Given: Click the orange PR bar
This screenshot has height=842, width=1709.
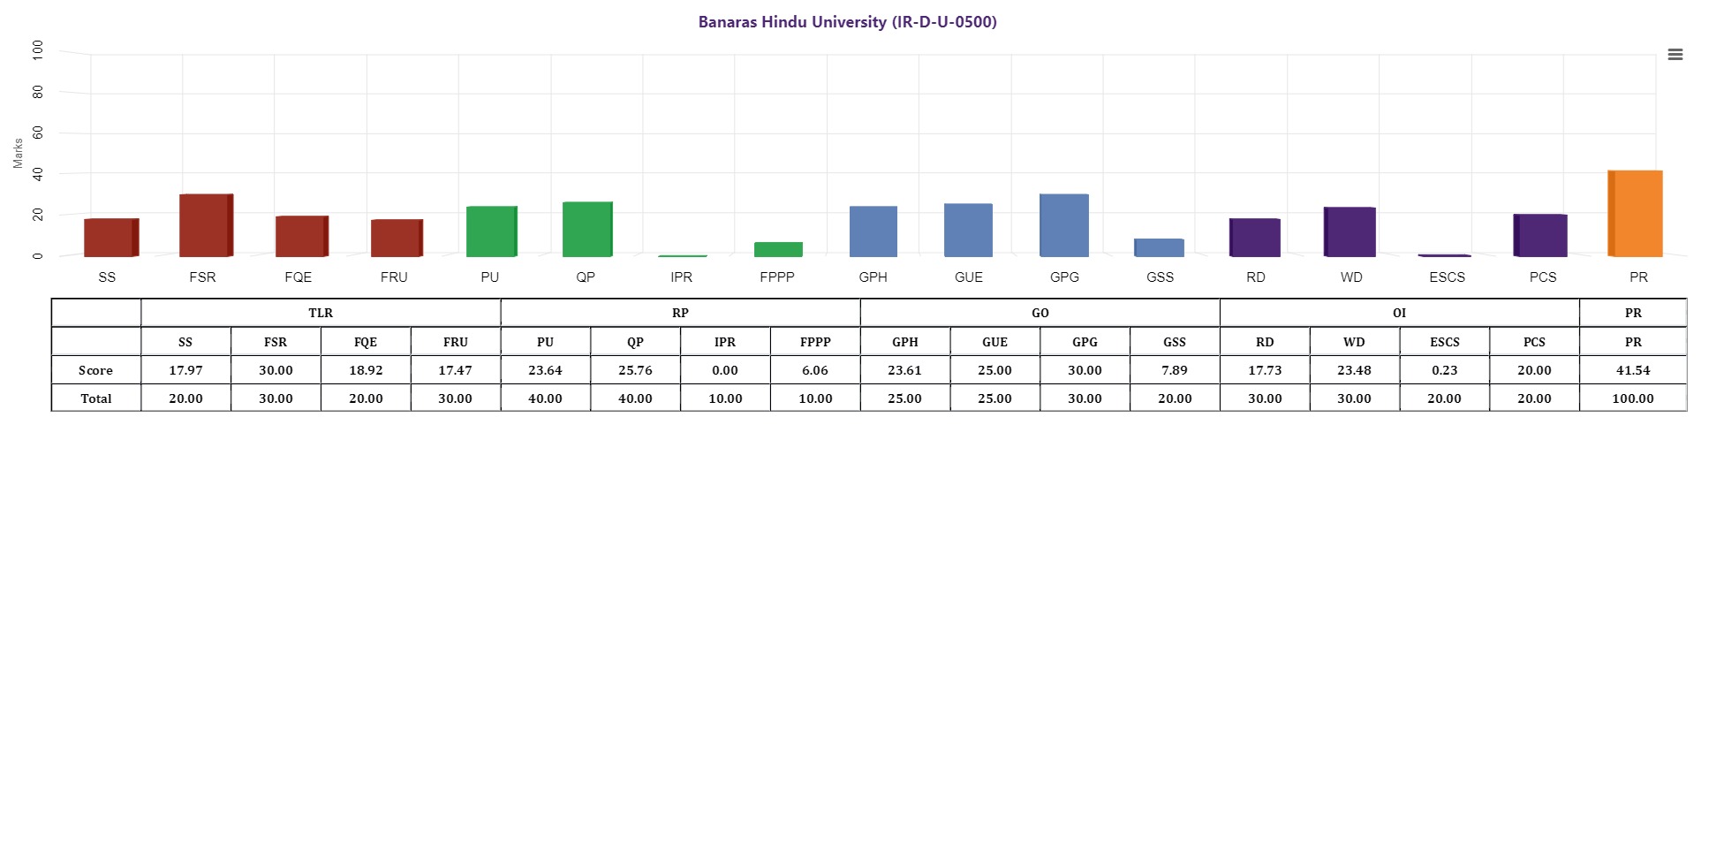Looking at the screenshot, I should click(x=1636, y=214).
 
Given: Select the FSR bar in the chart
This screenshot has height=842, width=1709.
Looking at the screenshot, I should click(x=205, y=225).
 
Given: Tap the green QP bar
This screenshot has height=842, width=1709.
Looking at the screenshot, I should click(x=586, y=230).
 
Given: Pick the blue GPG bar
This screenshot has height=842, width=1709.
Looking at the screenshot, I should click(x=1064, y=225).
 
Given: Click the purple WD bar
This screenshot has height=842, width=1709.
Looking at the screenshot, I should click(x=1350, y=232).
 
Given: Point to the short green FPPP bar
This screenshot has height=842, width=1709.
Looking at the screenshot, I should click(x=778, y=249).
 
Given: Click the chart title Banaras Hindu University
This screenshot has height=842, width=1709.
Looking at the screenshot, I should click(x=847, y=22).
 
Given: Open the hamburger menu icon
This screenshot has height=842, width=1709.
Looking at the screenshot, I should click(x=1675, y=55).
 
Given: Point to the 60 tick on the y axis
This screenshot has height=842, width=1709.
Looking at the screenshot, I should click(x=38, y=133).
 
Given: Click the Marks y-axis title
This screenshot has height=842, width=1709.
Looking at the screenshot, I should click(x=18, y=153).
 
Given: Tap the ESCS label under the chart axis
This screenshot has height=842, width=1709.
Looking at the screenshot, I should click(x=1447, y=277).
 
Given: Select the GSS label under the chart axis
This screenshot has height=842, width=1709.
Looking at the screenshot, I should click(x=1160, y=277).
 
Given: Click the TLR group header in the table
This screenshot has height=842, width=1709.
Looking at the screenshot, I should click(x=321, y=313).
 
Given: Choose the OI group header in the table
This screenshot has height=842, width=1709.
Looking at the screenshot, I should click(x=1399, y=313).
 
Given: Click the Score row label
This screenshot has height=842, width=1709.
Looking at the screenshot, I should click(x=95, y=370).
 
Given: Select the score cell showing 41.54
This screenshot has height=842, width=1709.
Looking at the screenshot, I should click(x=1633, y=370).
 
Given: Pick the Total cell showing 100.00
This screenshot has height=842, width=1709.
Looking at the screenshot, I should click(x=1633, y=398).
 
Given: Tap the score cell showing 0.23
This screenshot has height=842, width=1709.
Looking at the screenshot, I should click(x=1444, y=370).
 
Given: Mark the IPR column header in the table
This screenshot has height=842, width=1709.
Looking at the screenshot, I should click(x=725, y=342).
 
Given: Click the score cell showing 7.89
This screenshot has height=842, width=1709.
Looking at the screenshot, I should click(x=1175, y=370).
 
